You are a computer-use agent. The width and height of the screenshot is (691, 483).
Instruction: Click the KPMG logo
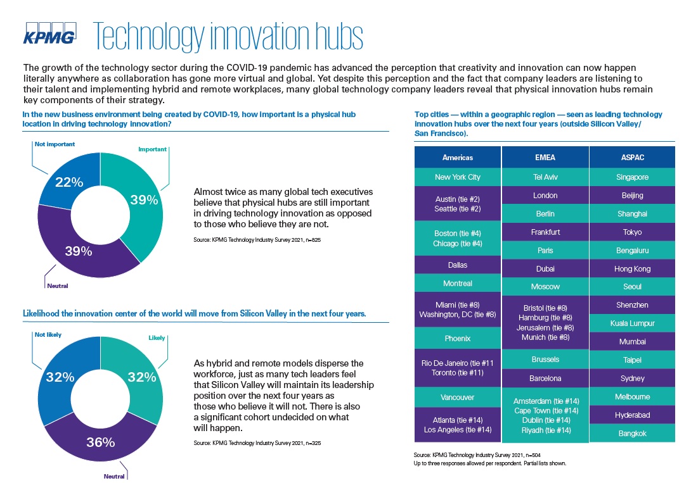coord(50,34)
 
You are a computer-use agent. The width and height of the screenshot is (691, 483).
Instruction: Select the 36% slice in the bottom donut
coord(100,440)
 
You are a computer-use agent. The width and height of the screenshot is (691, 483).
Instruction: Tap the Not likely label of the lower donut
coord(48,335)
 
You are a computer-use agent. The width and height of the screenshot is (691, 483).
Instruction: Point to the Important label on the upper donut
coord(153,149)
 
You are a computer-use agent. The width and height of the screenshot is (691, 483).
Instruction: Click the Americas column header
coord(458,158)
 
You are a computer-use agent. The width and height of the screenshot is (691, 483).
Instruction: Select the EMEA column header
coord(545,158)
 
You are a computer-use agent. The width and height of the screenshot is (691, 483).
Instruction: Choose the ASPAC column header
coord(633,158)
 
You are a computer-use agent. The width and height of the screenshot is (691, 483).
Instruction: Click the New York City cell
coord(458,177)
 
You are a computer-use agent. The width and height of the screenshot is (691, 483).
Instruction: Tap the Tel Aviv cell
coord(545,177)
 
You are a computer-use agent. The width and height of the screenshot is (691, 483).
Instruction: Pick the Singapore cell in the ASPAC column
coord(633,177)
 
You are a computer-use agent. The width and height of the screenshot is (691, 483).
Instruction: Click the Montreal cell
coord(458,284)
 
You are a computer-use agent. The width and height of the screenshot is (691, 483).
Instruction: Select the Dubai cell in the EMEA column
coord(545,268)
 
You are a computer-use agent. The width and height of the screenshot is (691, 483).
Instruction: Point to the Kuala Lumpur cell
coord(633,323)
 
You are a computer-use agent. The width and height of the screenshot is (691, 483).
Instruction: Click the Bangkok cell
coord(633,433)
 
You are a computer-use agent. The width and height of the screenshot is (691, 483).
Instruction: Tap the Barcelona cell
coord(545,379)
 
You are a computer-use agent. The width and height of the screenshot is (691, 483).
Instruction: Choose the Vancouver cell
coord(458,397)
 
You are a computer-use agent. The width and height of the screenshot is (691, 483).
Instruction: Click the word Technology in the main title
coord(149,37)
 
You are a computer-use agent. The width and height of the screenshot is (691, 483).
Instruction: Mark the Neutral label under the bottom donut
coord(114,477)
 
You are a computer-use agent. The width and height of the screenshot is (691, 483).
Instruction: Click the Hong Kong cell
coord(633,268)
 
